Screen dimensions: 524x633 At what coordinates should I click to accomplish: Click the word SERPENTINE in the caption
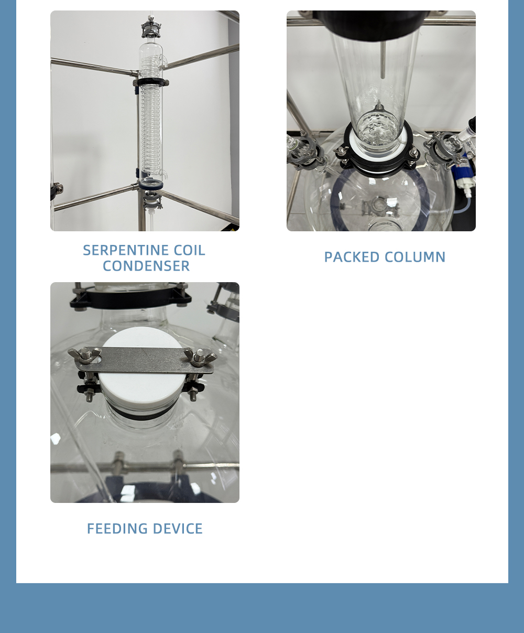tap(126, 250)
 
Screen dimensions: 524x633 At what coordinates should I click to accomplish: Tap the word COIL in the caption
tap(189, 250)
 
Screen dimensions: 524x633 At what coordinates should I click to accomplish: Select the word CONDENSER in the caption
tap(146, 266)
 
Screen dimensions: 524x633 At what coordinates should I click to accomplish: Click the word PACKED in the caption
tap(352, 257)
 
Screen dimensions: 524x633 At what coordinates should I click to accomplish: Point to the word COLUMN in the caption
tap(415, 257)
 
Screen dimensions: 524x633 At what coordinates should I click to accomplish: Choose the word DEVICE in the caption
tap(178, 529)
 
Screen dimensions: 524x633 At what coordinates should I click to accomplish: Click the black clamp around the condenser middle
tap(150, 82)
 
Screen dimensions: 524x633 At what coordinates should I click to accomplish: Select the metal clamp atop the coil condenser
tap(151, 27)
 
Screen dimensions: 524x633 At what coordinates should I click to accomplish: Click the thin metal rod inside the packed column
tap(383, 59)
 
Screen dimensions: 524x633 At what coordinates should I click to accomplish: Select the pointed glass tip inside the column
tap(378, 106)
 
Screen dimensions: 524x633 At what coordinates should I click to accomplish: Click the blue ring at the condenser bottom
tap(151, 184)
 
